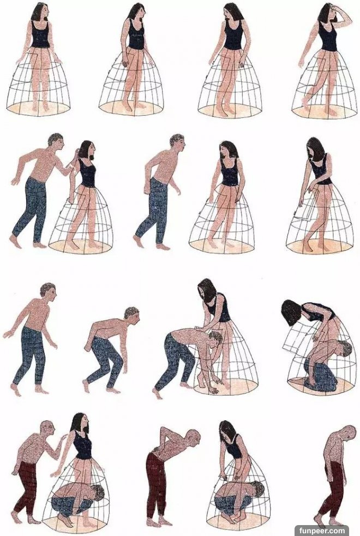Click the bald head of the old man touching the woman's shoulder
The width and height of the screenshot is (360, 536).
coord(47,428)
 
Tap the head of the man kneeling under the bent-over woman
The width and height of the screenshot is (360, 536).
coord(344,349)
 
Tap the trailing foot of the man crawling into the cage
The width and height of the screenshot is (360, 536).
coord(157,393)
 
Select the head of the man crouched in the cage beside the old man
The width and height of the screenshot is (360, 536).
coord(97,493)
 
